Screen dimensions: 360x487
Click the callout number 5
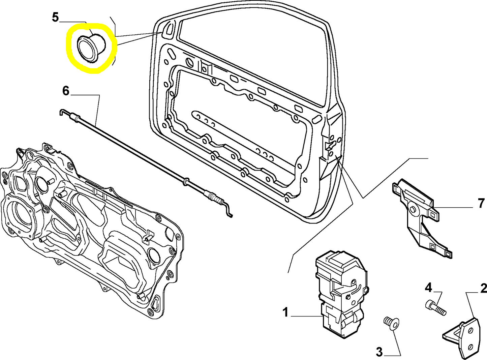click(x=56, y=17)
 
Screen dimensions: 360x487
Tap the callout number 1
click(x=285, y=312)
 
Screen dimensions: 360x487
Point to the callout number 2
click(x=483, y=288)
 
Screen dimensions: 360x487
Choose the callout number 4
click(x=428, y=288)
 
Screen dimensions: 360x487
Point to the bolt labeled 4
click(x=436, y=307)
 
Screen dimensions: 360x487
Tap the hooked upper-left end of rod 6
click(x=62, y=112)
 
